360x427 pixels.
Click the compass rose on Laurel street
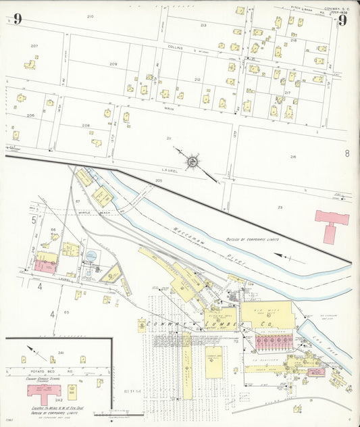click(x=192, y=161)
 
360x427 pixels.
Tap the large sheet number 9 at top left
click(x=17, y=19)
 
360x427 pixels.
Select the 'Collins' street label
click(x=175, y=48)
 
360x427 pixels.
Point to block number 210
click(x=91, y=16)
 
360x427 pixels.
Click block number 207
click(x=34, y=46)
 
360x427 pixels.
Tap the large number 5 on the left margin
click(x=32, y=220)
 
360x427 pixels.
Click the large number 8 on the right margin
click(x=346, y=153)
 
